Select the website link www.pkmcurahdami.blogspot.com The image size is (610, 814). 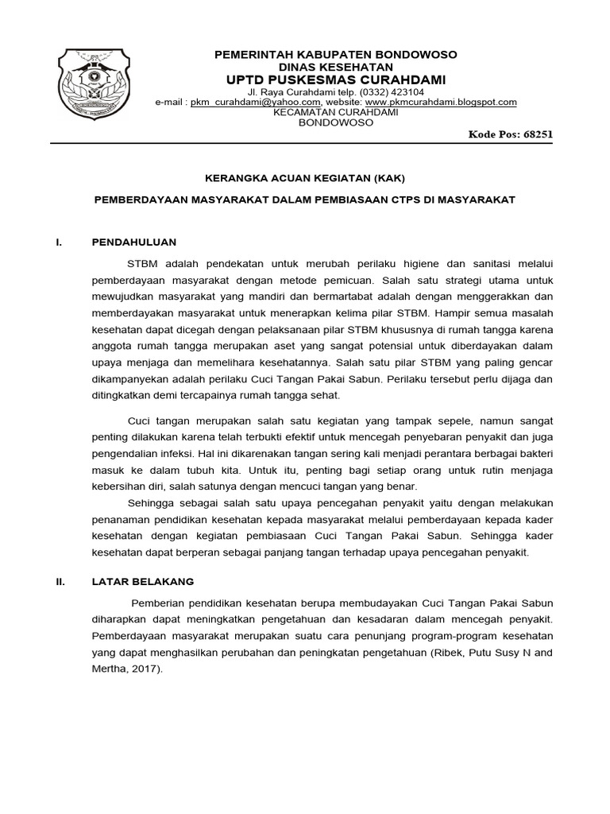pyautogui.click(x=441, y=103)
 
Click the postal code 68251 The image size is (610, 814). pyautogui.click(x=538, y=134)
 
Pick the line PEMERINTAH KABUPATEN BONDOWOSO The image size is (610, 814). pyautogui.click(x=337, y=54)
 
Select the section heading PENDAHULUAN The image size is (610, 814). pyautogui.click(x=134, y=242)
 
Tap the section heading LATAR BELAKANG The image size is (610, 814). pyautogui.click(x=143, y=582)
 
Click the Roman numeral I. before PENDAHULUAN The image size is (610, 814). pyautogui.click(x=59, y=242)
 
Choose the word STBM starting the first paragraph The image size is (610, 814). pyautogui.click(x=142, y=263)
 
